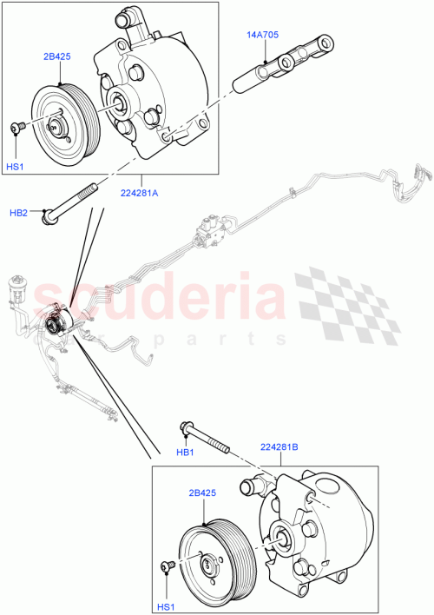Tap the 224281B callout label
[x=279, y=449]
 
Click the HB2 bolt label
[x=19, y=211]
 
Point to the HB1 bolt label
[x=183, y=453]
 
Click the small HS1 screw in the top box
[x=16, y=128]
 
